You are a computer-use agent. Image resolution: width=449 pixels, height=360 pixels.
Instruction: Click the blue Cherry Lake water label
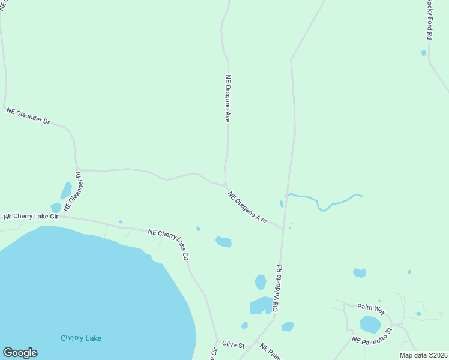pyautogui.click(x=81, y=338)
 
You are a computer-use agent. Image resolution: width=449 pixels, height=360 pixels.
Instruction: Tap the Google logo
pyautogui.click(x=20, y=353)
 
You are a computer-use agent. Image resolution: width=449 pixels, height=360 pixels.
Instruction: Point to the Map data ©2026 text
pyautogui.click(x=423, y=355)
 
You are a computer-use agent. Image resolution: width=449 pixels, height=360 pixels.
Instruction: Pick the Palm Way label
pyautogui.click(x=371, y=307)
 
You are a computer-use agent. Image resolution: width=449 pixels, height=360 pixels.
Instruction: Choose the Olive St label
pyautogui.click(x=234, y=346)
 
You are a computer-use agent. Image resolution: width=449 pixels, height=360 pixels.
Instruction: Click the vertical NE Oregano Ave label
pyautogui.click(x=228, y=98)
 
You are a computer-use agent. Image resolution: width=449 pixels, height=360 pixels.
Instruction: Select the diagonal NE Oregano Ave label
pyautogui.click(x=247, y=207)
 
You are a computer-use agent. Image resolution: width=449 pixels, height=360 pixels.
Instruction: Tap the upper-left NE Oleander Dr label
pyautogui.click(x=28, y=116)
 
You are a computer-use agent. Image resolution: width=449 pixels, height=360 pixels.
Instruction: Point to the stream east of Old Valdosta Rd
pyautogui.click(x=324, y=203)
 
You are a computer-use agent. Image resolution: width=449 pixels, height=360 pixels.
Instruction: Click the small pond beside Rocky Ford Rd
pyautogui.click(x=424, y=53)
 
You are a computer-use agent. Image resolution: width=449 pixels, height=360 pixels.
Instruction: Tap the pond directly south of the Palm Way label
pyautogui.click(x=370, y=325)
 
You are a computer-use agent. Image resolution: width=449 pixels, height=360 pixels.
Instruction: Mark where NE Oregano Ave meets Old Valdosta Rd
pyautogui.click(x=283, y=229)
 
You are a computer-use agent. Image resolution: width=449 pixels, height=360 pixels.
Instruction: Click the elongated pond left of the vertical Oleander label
pyautogui.click(x=65, y=191)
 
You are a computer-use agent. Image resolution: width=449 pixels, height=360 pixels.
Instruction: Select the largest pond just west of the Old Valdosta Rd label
pyautogui.click(x=261, y=305)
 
